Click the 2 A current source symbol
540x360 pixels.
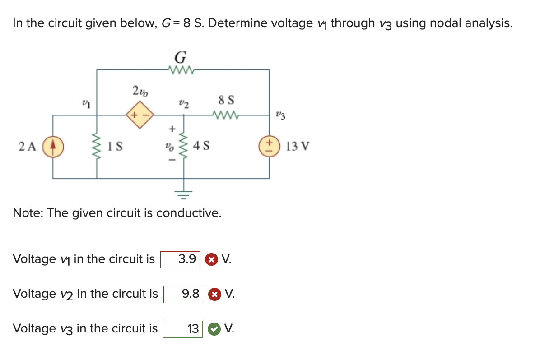[53, 147]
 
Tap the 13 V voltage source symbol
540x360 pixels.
[269, 147]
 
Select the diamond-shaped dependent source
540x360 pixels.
[140, 115]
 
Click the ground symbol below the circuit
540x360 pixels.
[184, 194]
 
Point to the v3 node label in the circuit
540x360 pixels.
[281, 116]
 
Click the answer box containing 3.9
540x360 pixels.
[180, 259]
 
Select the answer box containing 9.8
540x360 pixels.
[183, 294]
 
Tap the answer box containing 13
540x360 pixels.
[183, 329]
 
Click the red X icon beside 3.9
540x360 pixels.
[210, 260]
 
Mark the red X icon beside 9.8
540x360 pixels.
[214, 295]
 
